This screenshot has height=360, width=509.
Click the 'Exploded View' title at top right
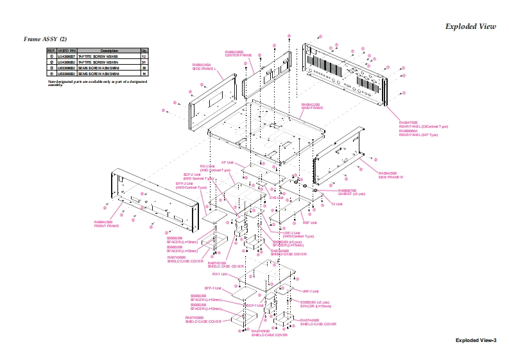pyautogui.click(x=470, y=26)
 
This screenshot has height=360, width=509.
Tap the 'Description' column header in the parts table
pyautogui.click(x=108, y=50)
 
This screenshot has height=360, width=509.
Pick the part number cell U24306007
pyautogui.click(x=67, y=56)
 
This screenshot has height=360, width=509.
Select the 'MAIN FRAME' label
pyautogui.click(x=312, y=108)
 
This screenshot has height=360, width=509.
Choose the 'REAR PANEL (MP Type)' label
pyautogui.click(x=418, y=135)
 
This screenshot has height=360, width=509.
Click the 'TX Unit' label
pyautogui.click(x=337, y=204)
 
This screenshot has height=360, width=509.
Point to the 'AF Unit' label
pyautogui.click(x=228, y=162)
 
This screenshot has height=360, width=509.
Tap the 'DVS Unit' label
pyautogui.click(x=277, y=198)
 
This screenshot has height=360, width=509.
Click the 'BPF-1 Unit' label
pyautogui.click(x=213, y=287)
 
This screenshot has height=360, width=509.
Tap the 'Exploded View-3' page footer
pyautogui.click(x=476, y=339)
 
